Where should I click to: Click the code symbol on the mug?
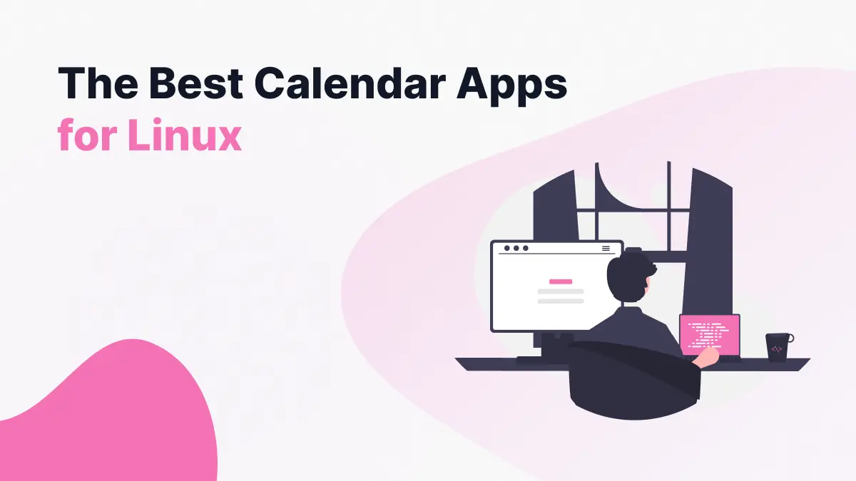[x=776, y=349]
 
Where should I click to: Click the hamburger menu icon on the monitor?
[x=606, y=249]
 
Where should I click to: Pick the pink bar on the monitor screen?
[x=561, y=281]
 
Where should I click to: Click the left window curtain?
[x=560, y=207]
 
